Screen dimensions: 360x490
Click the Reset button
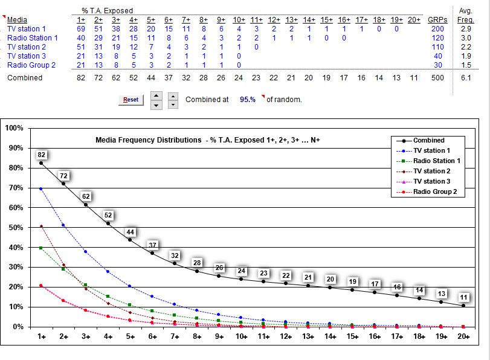[131, 100]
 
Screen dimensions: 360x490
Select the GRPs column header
[436, 20]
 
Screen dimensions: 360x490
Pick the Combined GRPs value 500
[436, 78]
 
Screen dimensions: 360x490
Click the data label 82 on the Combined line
[42, 155]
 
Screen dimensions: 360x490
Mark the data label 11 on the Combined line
[463, 297]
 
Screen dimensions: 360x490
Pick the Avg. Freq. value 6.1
[466, 78]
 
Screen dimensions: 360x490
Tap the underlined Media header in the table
[17, 20]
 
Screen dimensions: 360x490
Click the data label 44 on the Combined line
[130, 232]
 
